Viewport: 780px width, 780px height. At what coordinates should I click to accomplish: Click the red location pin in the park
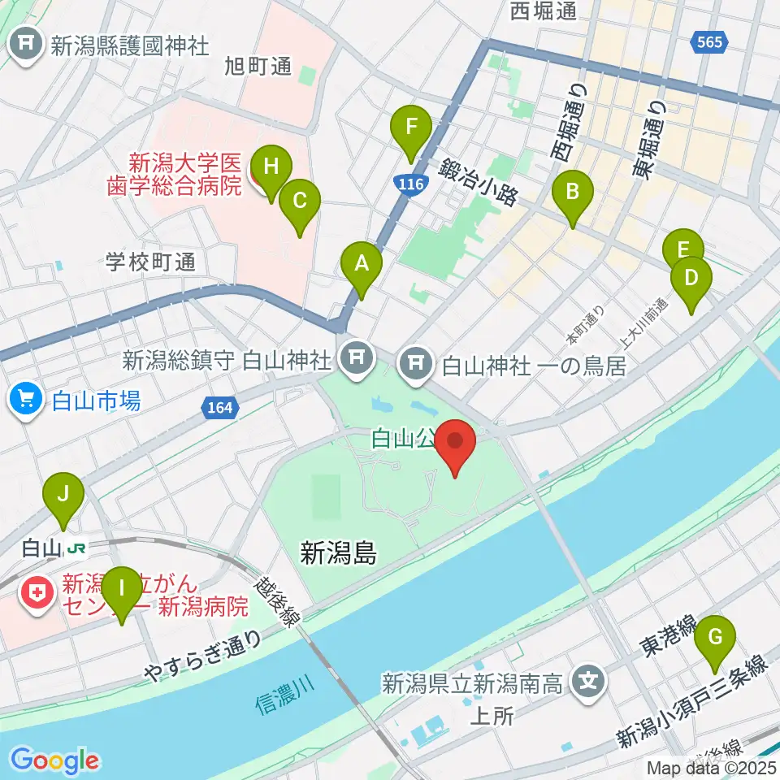[456, 448]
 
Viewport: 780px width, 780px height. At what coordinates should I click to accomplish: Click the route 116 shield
[412, 185]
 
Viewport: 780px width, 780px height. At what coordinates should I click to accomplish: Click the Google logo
[55, 760]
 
